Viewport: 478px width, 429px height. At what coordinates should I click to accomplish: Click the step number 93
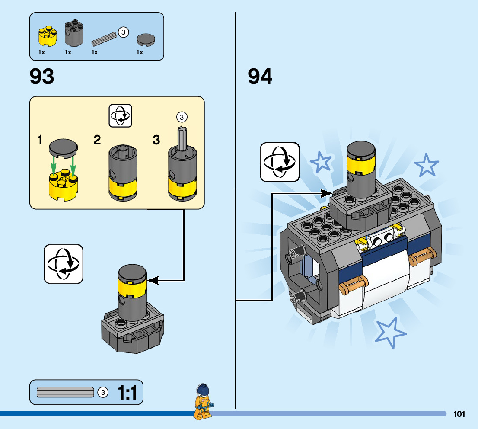click(42, 77)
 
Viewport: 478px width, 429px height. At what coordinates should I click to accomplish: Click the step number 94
click(260, 77)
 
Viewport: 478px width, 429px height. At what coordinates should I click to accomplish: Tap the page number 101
click(459, 414)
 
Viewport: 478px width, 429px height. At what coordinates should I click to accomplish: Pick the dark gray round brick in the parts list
click(73, 33)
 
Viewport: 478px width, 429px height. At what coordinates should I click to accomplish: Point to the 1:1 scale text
click(127, 393)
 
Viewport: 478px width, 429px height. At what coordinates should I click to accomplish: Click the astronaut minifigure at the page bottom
click(202, 401)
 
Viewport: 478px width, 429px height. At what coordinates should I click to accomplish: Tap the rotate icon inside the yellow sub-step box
click(121, 115)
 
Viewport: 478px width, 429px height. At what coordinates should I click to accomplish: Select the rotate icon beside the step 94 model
click(280, 162)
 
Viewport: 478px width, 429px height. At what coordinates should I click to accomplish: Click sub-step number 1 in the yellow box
click(40, 140)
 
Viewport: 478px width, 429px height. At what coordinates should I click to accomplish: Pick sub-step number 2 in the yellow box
click(97, 140)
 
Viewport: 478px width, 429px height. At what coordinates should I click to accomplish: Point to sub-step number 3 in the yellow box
click(156, 140)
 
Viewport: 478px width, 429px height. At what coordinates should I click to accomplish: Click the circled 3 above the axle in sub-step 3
click(182, 117)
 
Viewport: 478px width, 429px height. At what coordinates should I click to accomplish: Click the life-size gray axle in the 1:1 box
click(66, 392)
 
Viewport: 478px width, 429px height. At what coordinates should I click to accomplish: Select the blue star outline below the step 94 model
click(391, 332)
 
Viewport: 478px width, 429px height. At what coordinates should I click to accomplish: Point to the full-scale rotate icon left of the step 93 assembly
click(63, 264)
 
